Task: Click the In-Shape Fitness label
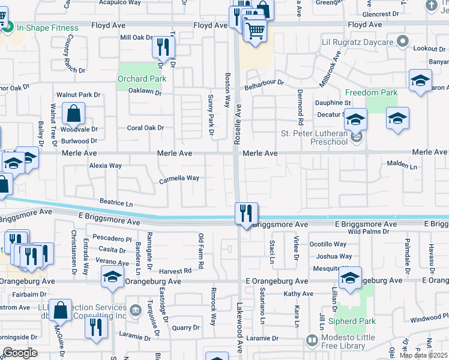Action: pos(47,28)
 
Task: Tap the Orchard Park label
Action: pos(142,79)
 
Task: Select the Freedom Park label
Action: pos(371,92)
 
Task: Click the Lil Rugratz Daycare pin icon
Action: pos(403,42)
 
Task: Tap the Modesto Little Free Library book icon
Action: pos(312,340)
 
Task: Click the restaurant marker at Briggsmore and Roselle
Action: pos(246,214)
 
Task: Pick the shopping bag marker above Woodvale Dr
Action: pos(73,114)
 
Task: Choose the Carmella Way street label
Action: pos(179,178)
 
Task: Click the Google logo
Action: pos(20,353)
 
